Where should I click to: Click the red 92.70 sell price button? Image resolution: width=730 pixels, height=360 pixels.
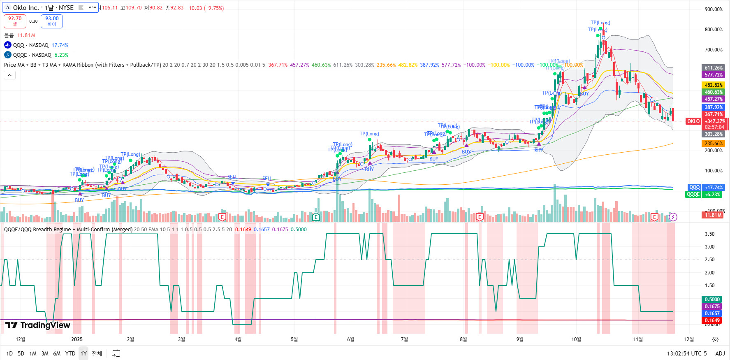[15, 21]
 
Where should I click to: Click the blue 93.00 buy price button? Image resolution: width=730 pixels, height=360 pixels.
[52, 21]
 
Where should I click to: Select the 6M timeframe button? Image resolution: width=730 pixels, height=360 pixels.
[57, 353]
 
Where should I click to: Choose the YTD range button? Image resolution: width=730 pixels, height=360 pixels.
[70, 353]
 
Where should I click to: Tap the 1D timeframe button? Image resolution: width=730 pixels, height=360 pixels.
[9, 353]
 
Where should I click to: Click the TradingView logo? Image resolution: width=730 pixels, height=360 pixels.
[38, 325]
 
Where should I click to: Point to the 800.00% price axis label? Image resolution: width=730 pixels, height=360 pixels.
[714, 30]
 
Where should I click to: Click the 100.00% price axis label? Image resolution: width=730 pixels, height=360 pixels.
[714, 171]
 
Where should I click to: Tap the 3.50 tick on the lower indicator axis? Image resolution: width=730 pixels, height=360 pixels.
[709, 234]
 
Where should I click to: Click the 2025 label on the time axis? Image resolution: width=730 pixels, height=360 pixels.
[77, 339]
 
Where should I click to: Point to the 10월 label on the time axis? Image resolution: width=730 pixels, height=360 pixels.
[576, 339]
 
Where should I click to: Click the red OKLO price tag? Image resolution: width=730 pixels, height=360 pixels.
[693, 121]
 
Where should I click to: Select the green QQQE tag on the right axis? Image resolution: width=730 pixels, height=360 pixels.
[693, 195]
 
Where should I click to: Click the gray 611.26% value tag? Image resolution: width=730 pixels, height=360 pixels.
[714, 68]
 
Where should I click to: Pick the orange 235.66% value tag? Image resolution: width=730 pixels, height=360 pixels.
[714, 144]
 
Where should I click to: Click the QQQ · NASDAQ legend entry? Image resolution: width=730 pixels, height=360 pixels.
[30, 45]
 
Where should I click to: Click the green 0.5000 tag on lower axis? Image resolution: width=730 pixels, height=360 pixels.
[712, 300]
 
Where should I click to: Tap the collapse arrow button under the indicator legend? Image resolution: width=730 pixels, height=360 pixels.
[9, 75]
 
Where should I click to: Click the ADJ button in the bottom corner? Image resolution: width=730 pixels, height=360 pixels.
[720, 353]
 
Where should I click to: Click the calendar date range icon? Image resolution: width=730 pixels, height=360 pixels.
[116, 353]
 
